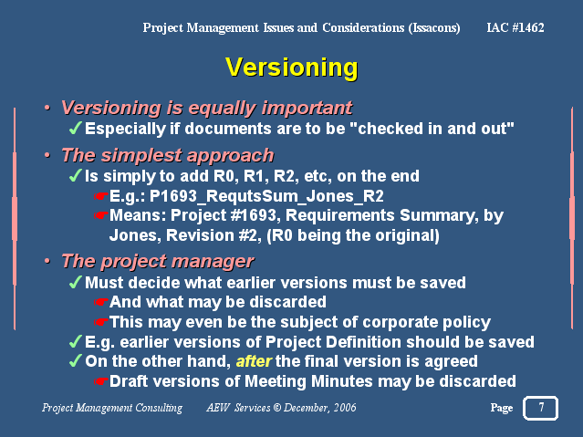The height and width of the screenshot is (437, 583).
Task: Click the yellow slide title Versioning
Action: pos(292,68)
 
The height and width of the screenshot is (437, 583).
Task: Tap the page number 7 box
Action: pos(541,408)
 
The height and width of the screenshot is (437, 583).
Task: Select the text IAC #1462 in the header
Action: pos(515,27)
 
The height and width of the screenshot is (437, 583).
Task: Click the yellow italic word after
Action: pos(255,361)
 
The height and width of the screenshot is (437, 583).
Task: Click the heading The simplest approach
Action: pos(168,155)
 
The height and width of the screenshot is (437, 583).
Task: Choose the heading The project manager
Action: pos(158,262)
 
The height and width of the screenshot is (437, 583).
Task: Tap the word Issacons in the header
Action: pos(434,28)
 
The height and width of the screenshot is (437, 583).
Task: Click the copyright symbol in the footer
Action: pos(277,408)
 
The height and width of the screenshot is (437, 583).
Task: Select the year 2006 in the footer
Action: pos(345,408)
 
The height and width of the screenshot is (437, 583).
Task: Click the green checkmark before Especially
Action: pos(75,128)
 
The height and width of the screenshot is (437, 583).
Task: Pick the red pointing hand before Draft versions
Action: pos(100,381)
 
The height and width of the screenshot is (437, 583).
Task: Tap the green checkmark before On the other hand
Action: pos(75,360)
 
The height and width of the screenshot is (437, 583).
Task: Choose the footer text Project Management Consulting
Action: pos(112,408)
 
